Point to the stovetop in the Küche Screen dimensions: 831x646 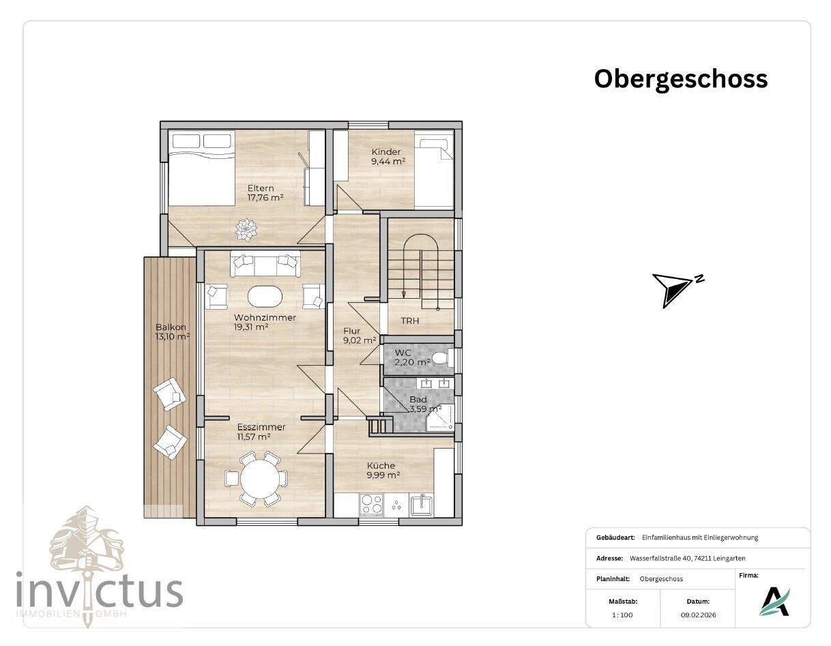[371, 504]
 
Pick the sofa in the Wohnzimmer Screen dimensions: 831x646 [265, 264]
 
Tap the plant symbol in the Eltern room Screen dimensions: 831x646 [246, 229]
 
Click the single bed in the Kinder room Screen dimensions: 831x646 [435, 173]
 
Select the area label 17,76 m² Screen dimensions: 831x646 [265, 198]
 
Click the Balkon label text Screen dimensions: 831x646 [171, 327]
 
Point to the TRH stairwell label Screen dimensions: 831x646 [410, 321]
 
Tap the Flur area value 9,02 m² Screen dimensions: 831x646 [360, 340]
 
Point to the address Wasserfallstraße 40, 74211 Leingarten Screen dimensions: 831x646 [688, 558]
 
